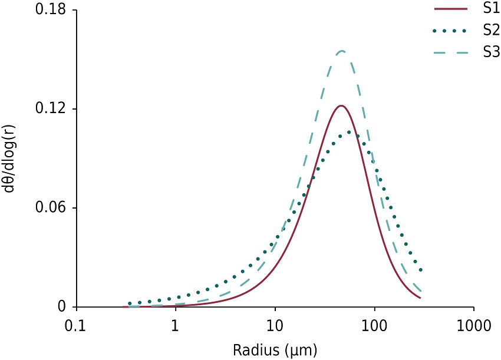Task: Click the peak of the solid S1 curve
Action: (341, 106)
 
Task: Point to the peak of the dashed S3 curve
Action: (341, 51)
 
